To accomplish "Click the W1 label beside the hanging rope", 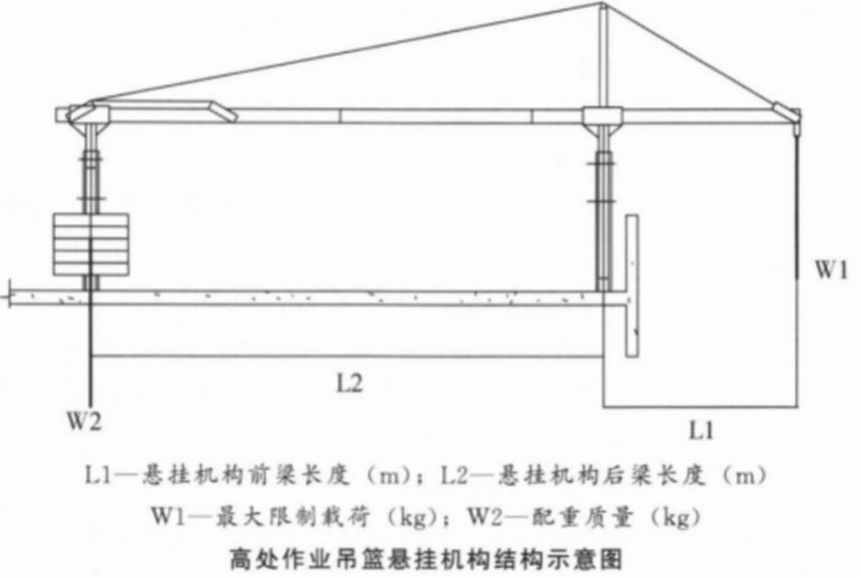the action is click(x=832, y=271).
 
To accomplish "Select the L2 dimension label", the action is click(x=350, y=383).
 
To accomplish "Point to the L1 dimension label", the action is click(x=701, y=430).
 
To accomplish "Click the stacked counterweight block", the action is click(x=91, y=244).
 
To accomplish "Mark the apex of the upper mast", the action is click(x=603, y=4).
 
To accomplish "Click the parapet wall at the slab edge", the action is click(x=632, y=286).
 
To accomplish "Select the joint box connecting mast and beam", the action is click(x=603, y=116).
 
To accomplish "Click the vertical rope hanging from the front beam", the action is click(x=796, y=204).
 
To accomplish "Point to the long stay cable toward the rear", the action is click(x=346, y=53).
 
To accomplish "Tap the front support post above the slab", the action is click(x=603, y=209).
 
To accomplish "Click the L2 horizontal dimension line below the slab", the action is click(x=348, y=357).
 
